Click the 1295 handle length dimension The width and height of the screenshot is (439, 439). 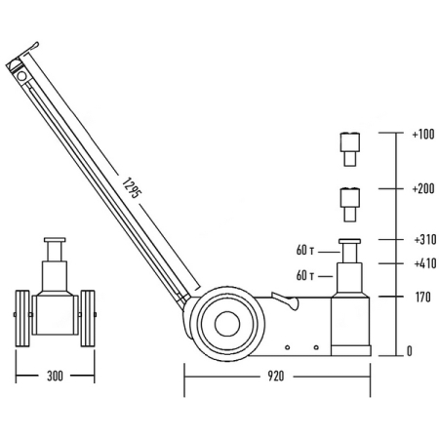point(132,188)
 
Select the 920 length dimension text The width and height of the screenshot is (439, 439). point(276,377)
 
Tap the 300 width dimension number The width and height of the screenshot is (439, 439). point(55,377)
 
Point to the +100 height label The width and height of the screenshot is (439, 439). point(423,135)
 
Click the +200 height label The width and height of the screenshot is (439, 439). point(423,188)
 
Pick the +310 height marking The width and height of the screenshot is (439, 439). point(425,240)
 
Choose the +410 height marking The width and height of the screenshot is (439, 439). point(425,263)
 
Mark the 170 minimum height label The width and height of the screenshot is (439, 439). point(422,297)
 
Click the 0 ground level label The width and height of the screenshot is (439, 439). point(410,351)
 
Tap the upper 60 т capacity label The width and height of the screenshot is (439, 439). point(305,250)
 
